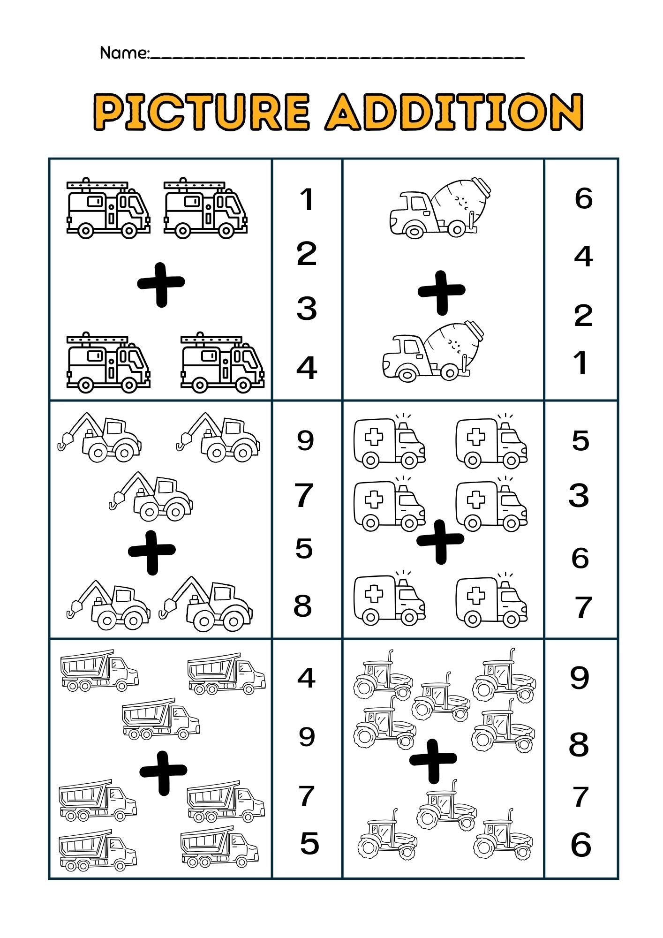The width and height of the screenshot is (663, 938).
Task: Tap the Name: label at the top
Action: [124, 53]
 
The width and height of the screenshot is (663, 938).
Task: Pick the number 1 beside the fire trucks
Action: [307, 199]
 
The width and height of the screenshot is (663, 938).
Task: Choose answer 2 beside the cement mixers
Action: [583, 316]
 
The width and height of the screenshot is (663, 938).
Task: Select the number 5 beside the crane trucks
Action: [304, 548]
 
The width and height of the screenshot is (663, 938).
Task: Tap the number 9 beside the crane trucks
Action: [305, 440]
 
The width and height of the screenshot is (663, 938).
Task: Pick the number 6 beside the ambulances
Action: [580, 558]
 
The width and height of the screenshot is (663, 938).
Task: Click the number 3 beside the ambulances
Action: [579, 496]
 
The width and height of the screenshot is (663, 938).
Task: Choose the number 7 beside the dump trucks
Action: [306, 796]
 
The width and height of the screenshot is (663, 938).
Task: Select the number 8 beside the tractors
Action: [579, 744]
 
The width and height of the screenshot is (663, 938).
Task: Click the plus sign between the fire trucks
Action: [161, 284]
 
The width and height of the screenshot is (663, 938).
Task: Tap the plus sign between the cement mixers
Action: [441, 292]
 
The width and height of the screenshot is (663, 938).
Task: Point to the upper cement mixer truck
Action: [440, 207]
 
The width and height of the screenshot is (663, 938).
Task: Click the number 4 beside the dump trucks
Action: [306, 678]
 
